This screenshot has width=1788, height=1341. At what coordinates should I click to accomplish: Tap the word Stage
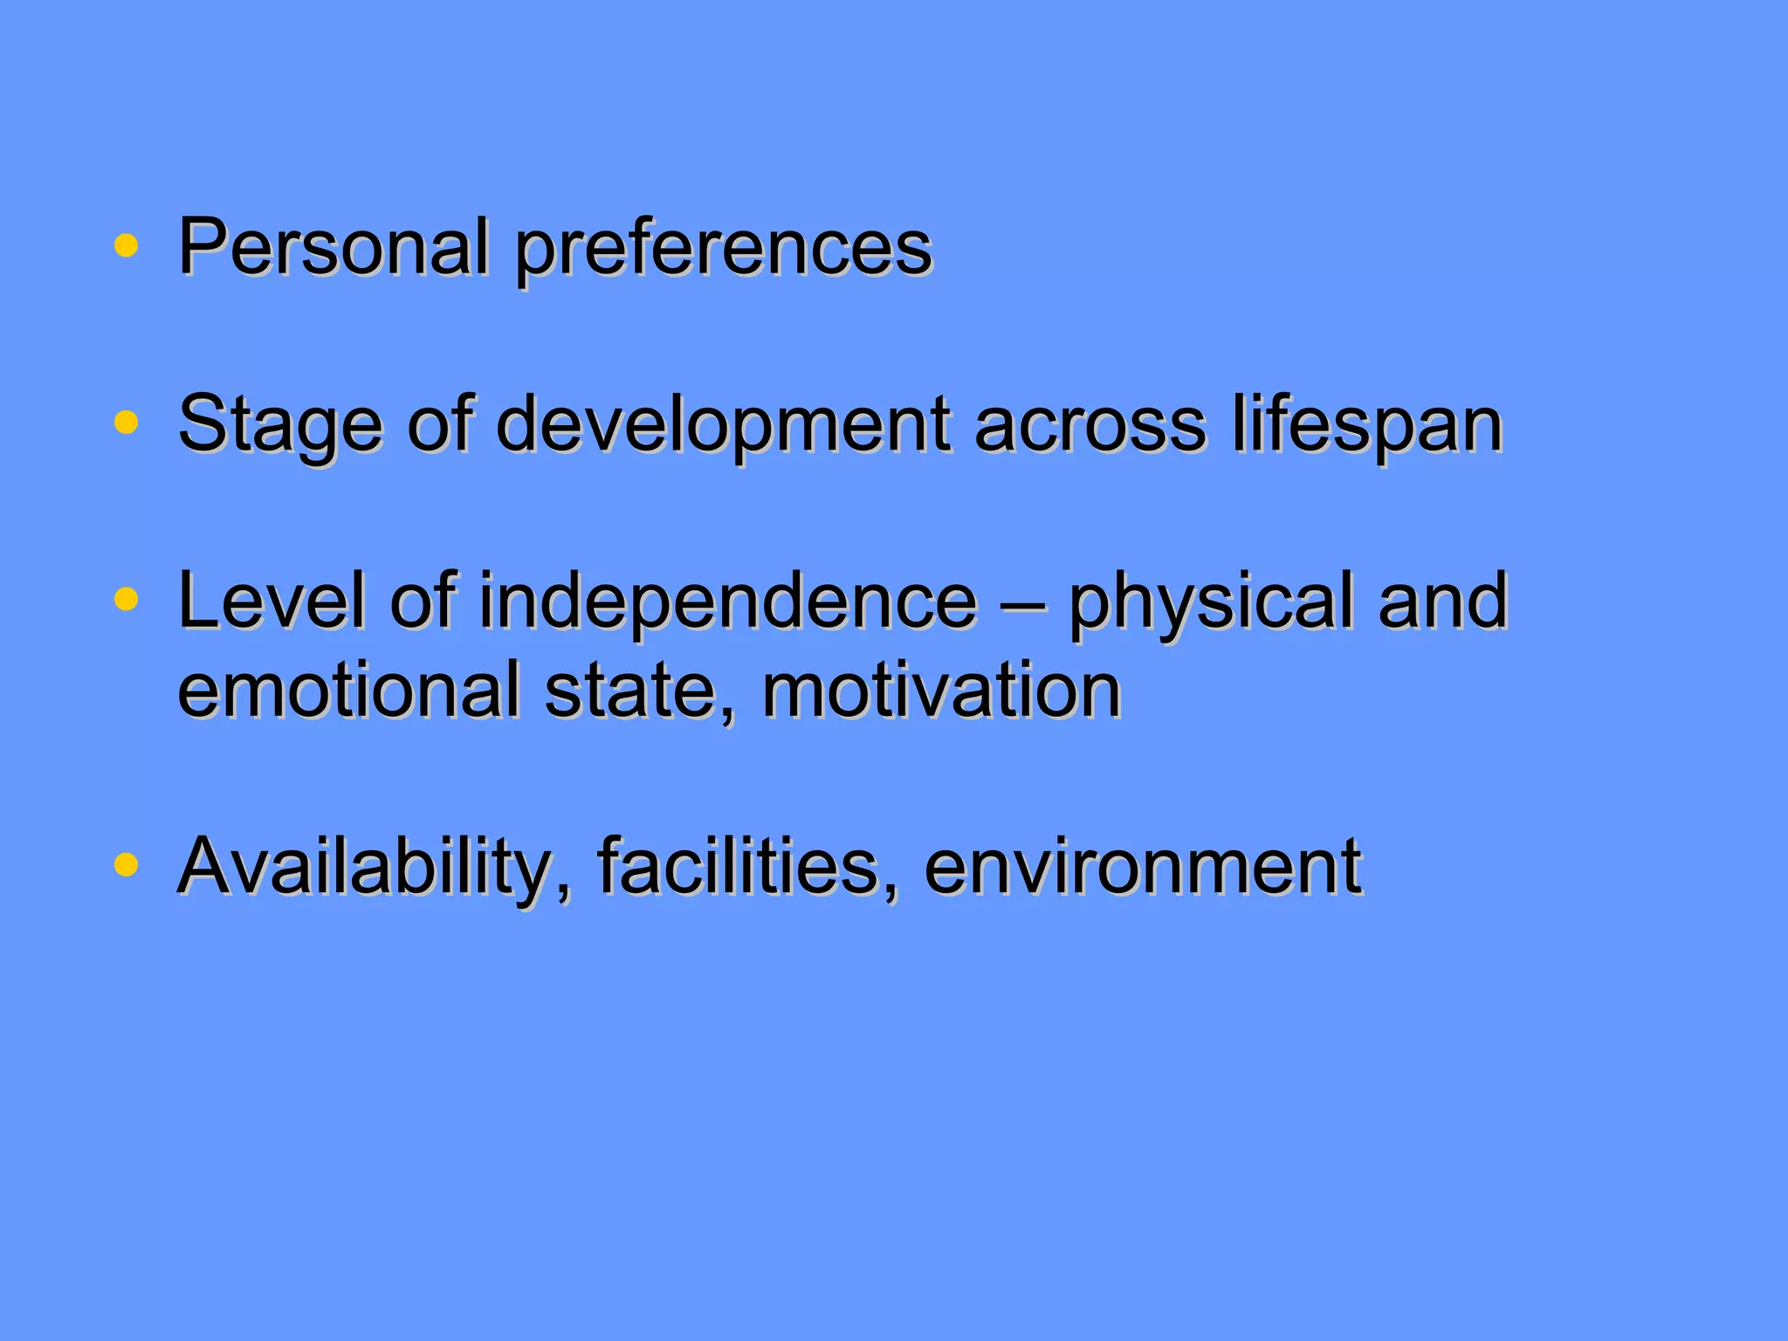tap(279, 426)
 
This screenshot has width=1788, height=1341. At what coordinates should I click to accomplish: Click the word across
tap(1090, 424)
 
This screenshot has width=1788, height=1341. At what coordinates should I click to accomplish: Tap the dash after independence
tap(1022, 602)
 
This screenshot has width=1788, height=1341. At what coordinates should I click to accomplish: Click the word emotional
tap(349, 691)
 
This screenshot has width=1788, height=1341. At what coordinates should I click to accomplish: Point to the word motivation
tap(941, 691)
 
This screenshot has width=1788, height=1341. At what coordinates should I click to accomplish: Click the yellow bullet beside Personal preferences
tap(127, 246)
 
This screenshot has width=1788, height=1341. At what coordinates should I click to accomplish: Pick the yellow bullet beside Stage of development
tap(127, 423)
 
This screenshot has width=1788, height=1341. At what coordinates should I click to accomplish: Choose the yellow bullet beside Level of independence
tap(127, 599)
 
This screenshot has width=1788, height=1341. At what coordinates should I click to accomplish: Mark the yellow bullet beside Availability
tap(127, 864)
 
